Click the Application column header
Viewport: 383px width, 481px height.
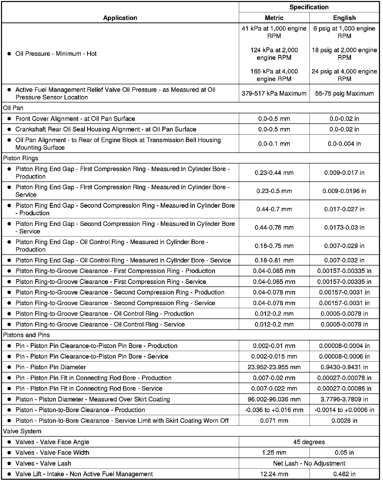(x=120, y=18)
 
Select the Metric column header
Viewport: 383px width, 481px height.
(x=274, y=18)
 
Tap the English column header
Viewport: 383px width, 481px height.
(x=344, y=18)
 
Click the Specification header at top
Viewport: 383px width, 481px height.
(x=309, y=7)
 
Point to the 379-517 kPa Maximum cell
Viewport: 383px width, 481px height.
(x=274, y=93)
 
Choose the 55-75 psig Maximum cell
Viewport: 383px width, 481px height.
(x=344, y=93)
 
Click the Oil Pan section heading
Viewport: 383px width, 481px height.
(x=13, y=108)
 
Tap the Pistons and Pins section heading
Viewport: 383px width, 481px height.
(x=26, y=335)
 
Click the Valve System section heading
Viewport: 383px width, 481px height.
(x=22, y=431)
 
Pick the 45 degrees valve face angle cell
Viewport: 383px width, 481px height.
(x=309, y=442)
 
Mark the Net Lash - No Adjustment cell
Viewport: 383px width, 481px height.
(x=309, y=463)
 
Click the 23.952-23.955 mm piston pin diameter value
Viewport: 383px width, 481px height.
(x=274, y=367)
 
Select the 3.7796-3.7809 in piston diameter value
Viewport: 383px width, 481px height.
(x=344, y=399)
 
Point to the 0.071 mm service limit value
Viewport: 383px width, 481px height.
(x=274, y=421)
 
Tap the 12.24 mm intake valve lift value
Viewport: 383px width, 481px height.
(x=274, y=474)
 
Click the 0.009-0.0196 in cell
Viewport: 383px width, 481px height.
(x=344, y=191)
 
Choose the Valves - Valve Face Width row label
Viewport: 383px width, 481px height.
(x=52, y=452)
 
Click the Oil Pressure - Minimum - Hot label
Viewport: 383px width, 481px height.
(x=56, y=54)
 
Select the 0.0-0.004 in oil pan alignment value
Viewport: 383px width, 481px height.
(x=344, y=144)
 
